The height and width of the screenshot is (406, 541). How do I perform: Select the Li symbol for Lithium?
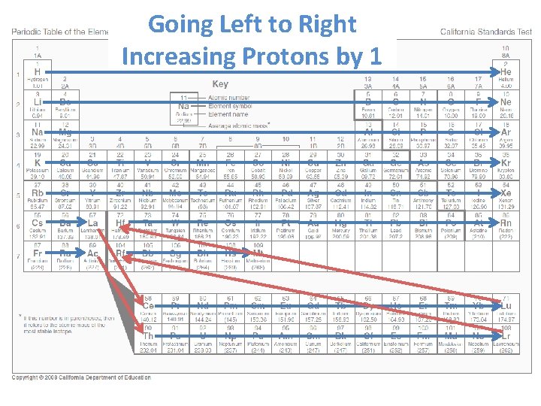point(37,102)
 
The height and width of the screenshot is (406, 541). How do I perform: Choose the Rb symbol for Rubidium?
point(37,193)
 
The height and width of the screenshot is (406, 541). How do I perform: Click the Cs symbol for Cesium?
point(37,223)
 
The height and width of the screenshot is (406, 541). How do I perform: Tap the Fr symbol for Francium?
point(37,254)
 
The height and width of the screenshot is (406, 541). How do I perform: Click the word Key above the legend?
point(220,84)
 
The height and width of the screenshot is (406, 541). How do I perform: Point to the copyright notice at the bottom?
point(81,377)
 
